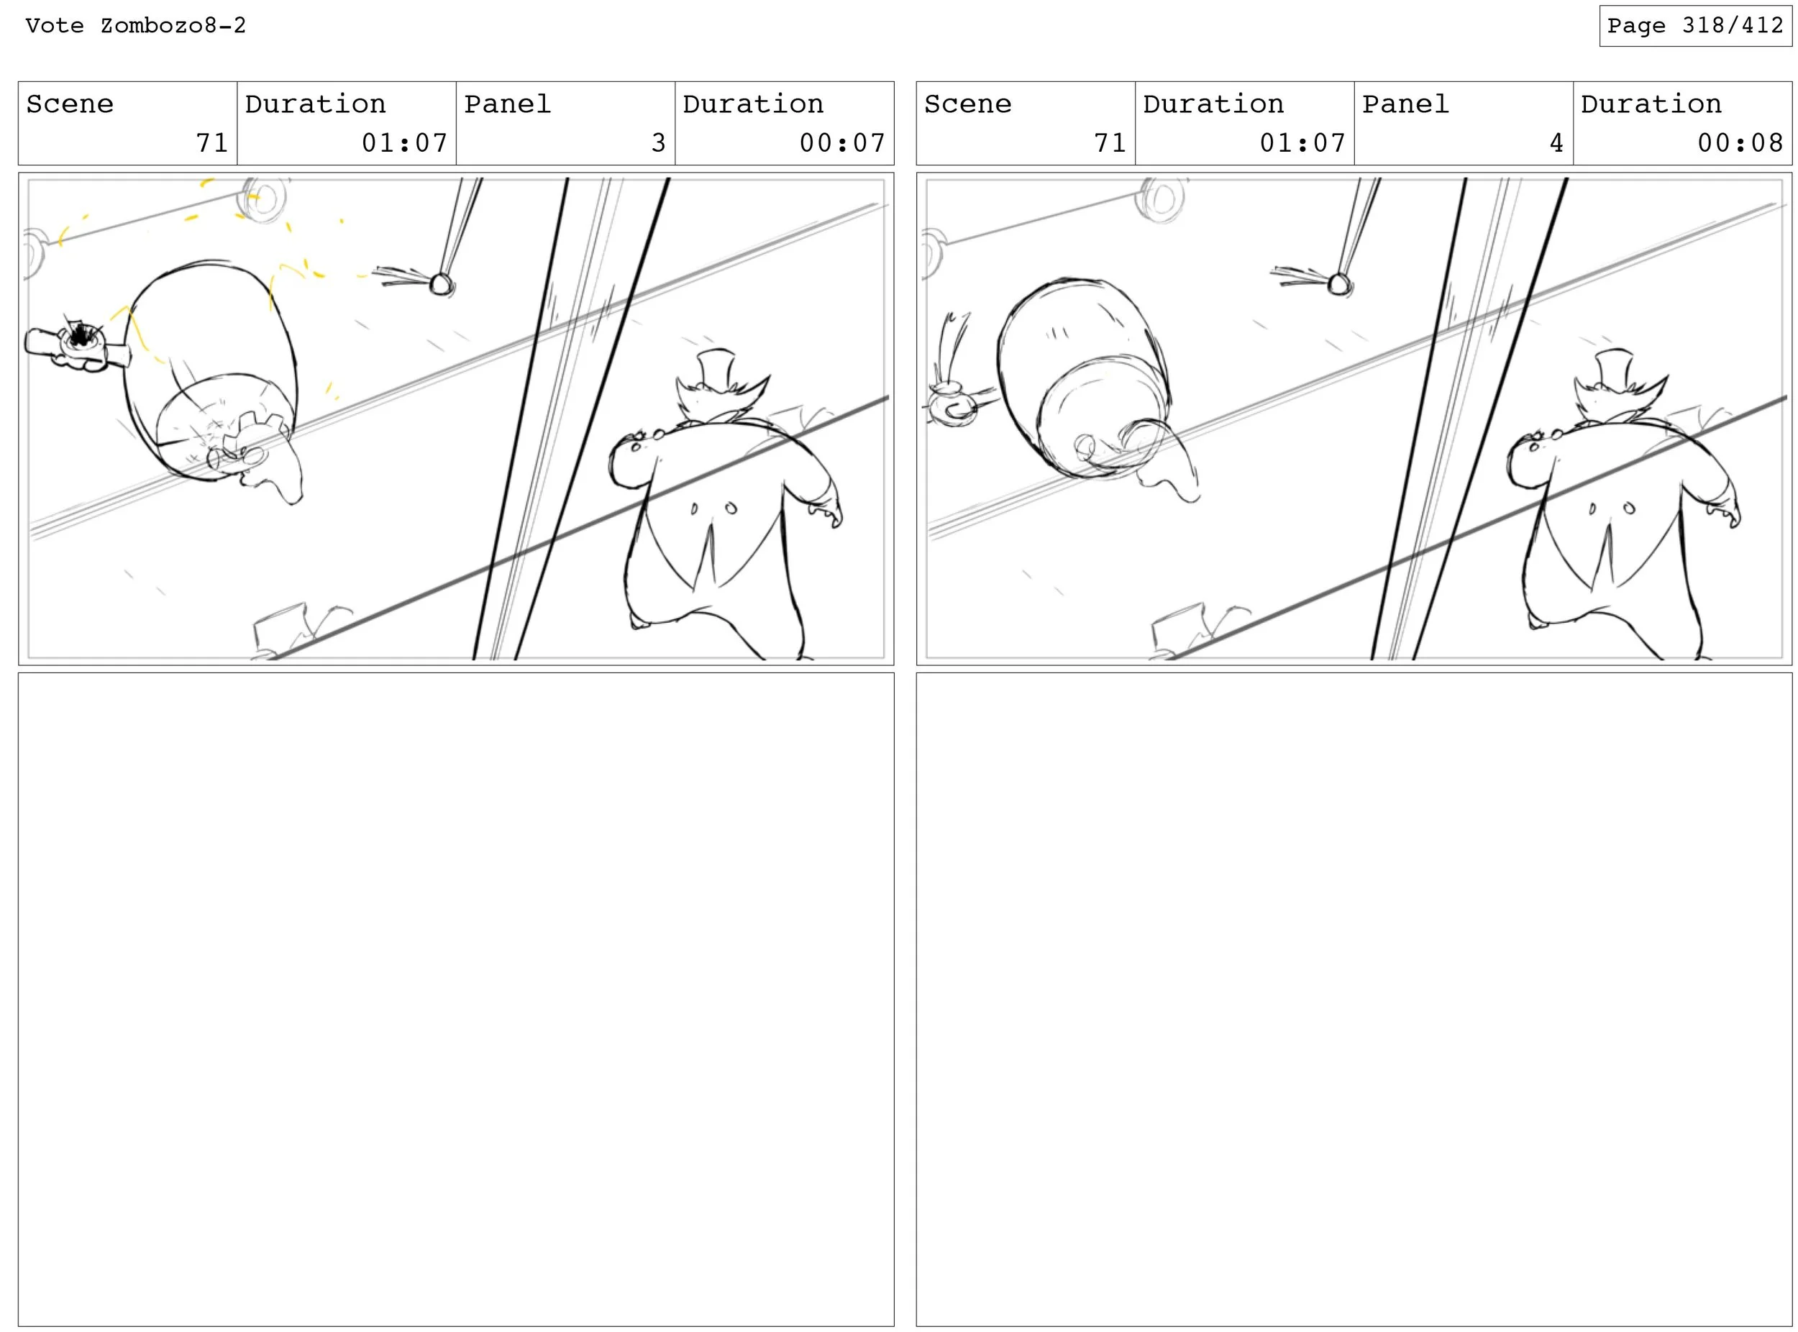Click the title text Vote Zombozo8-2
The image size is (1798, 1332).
click(x=135, y=26)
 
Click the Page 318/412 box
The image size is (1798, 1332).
click(x=1695, y=26)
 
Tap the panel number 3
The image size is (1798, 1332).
click(x=658, y=142)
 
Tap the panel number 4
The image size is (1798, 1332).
click(x=1556, y=142)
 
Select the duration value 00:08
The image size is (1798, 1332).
click(x=1740, y=142)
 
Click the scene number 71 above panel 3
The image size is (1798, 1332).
click(x=212, y=142)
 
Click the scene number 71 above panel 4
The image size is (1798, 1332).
click(x=1110, y=142)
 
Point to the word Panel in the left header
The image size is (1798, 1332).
click(x=507, y=104)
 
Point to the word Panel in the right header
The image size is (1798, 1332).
click(x=1405, y=104)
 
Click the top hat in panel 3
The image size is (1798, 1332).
click(x=716, y=371)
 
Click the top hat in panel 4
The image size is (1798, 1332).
click(x=1614, y=371)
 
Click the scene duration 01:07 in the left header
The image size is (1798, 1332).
click(x=404, y=142)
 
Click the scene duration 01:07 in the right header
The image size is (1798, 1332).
click(x=1302, y=142)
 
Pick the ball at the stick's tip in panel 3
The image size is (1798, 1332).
click(x=441, y=284)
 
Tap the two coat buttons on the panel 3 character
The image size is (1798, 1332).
click(x=712, y=508)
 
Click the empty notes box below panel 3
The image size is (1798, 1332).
click(x=457, y=999)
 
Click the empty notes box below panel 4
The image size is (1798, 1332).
click(x=1354, y=999)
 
